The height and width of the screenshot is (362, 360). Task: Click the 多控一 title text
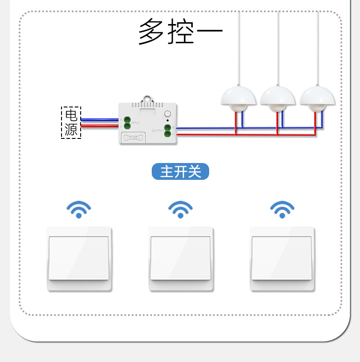click(180, 31)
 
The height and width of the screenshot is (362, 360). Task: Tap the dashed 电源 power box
click(71, 122)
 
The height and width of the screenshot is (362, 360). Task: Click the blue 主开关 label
click(180, 172)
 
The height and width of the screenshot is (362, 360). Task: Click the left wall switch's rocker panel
click(79, 258)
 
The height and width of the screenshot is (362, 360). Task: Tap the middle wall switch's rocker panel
click(180, 258)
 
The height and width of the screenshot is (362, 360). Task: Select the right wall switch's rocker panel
click(282, 258)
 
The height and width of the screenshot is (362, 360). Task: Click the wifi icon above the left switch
click(79, 209)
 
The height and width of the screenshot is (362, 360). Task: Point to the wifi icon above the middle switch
click(180, 209)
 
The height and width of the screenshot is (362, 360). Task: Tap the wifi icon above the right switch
click(282, 209)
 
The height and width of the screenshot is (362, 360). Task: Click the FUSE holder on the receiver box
click(134, 137)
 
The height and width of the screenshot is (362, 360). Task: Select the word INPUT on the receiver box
click(136, 123)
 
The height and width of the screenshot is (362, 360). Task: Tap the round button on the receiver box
click(167, 114)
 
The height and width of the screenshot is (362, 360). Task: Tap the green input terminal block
click(126, 122)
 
